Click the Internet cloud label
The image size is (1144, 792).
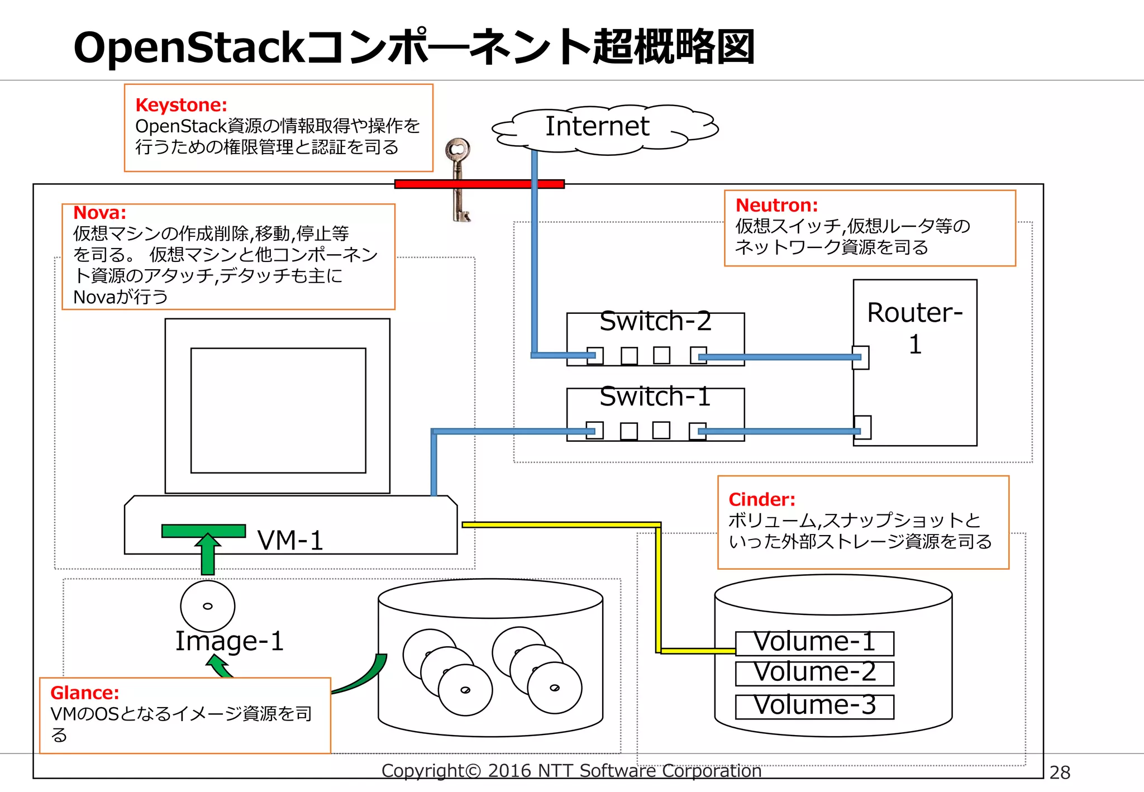597,126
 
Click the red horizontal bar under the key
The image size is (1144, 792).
479,184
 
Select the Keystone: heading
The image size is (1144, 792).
181,105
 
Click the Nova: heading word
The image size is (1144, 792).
99,213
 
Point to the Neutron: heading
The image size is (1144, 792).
776,206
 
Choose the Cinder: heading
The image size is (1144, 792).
761,499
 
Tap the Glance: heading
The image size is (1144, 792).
84,693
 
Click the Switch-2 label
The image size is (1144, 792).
655,321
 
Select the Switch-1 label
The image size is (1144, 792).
655,397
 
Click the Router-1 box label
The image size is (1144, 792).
914,328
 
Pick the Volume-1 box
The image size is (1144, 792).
814,643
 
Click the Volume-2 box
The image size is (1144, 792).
814,673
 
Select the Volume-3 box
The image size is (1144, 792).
814,706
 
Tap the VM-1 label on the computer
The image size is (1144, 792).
290,541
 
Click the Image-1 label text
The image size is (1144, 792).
230,641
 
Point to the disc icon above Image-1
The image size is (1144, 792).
208,606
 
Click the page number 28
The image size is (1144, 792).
1060,772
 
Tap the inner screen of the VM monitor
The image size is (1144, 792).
278,411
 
